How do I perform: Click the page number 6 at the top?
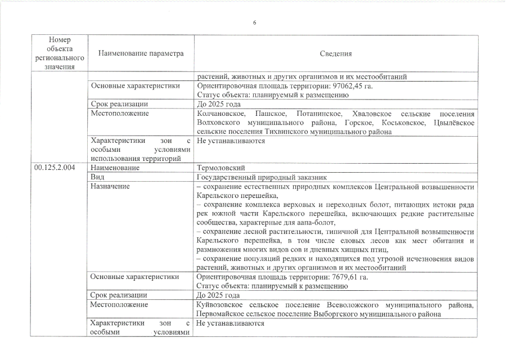[254, 22]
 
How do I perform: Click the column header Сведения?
[336, 54]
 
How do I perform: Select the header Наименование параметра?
[141, 54]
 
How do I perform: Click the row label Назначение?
[110, 185]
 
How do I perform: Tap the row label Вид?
[97, 176]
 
